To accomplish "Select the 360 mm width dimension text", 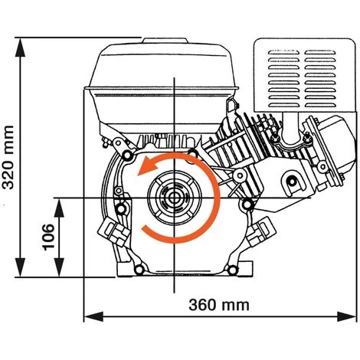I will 219,304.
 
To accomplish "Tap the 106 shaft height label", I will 47,237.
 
